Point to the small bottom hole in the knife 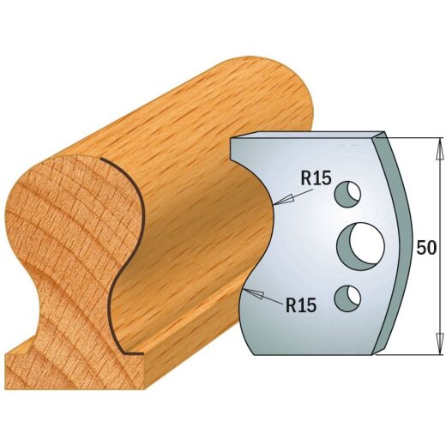(348, 298)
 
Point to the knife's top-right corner (383, 135)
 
